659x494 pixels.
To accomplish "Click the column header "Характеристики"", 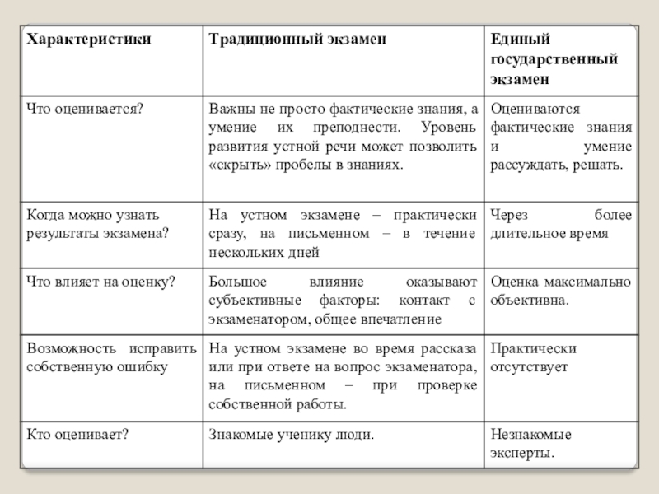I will [x=77, y=40].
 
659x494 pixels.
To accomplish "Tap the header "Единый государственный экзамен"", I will [x=554, y=60].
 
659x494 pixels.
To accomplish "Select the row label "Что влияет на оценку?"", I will [x=100, y=282].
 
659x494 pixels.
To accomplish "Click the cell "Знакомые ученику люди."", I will [x=292, y=434].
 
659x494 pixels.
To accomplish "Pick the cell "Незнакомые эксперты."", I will [x=531, y=444].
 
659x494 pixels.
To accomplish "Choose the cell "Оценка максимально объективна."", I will [x=561, y=291].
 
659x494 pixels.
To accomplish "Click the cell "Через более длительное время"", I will [x=561, y=224].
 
